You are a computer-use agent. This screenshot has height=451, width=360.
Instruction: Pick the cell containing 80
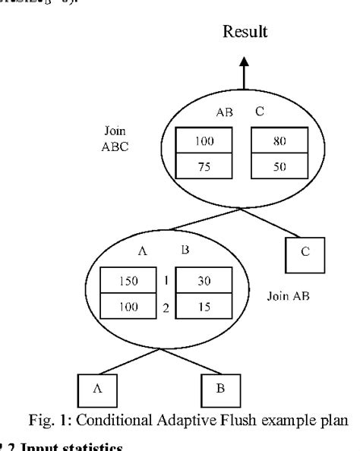pyautogui.click(x=279, y=141)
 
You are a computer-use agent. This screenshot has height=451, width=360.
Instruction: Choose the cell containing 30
pyautogui.click(x=203, y=280)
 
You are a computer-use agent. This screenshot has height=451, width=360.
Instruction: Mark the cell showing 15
pyautogui.click(x=203, y=307)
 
